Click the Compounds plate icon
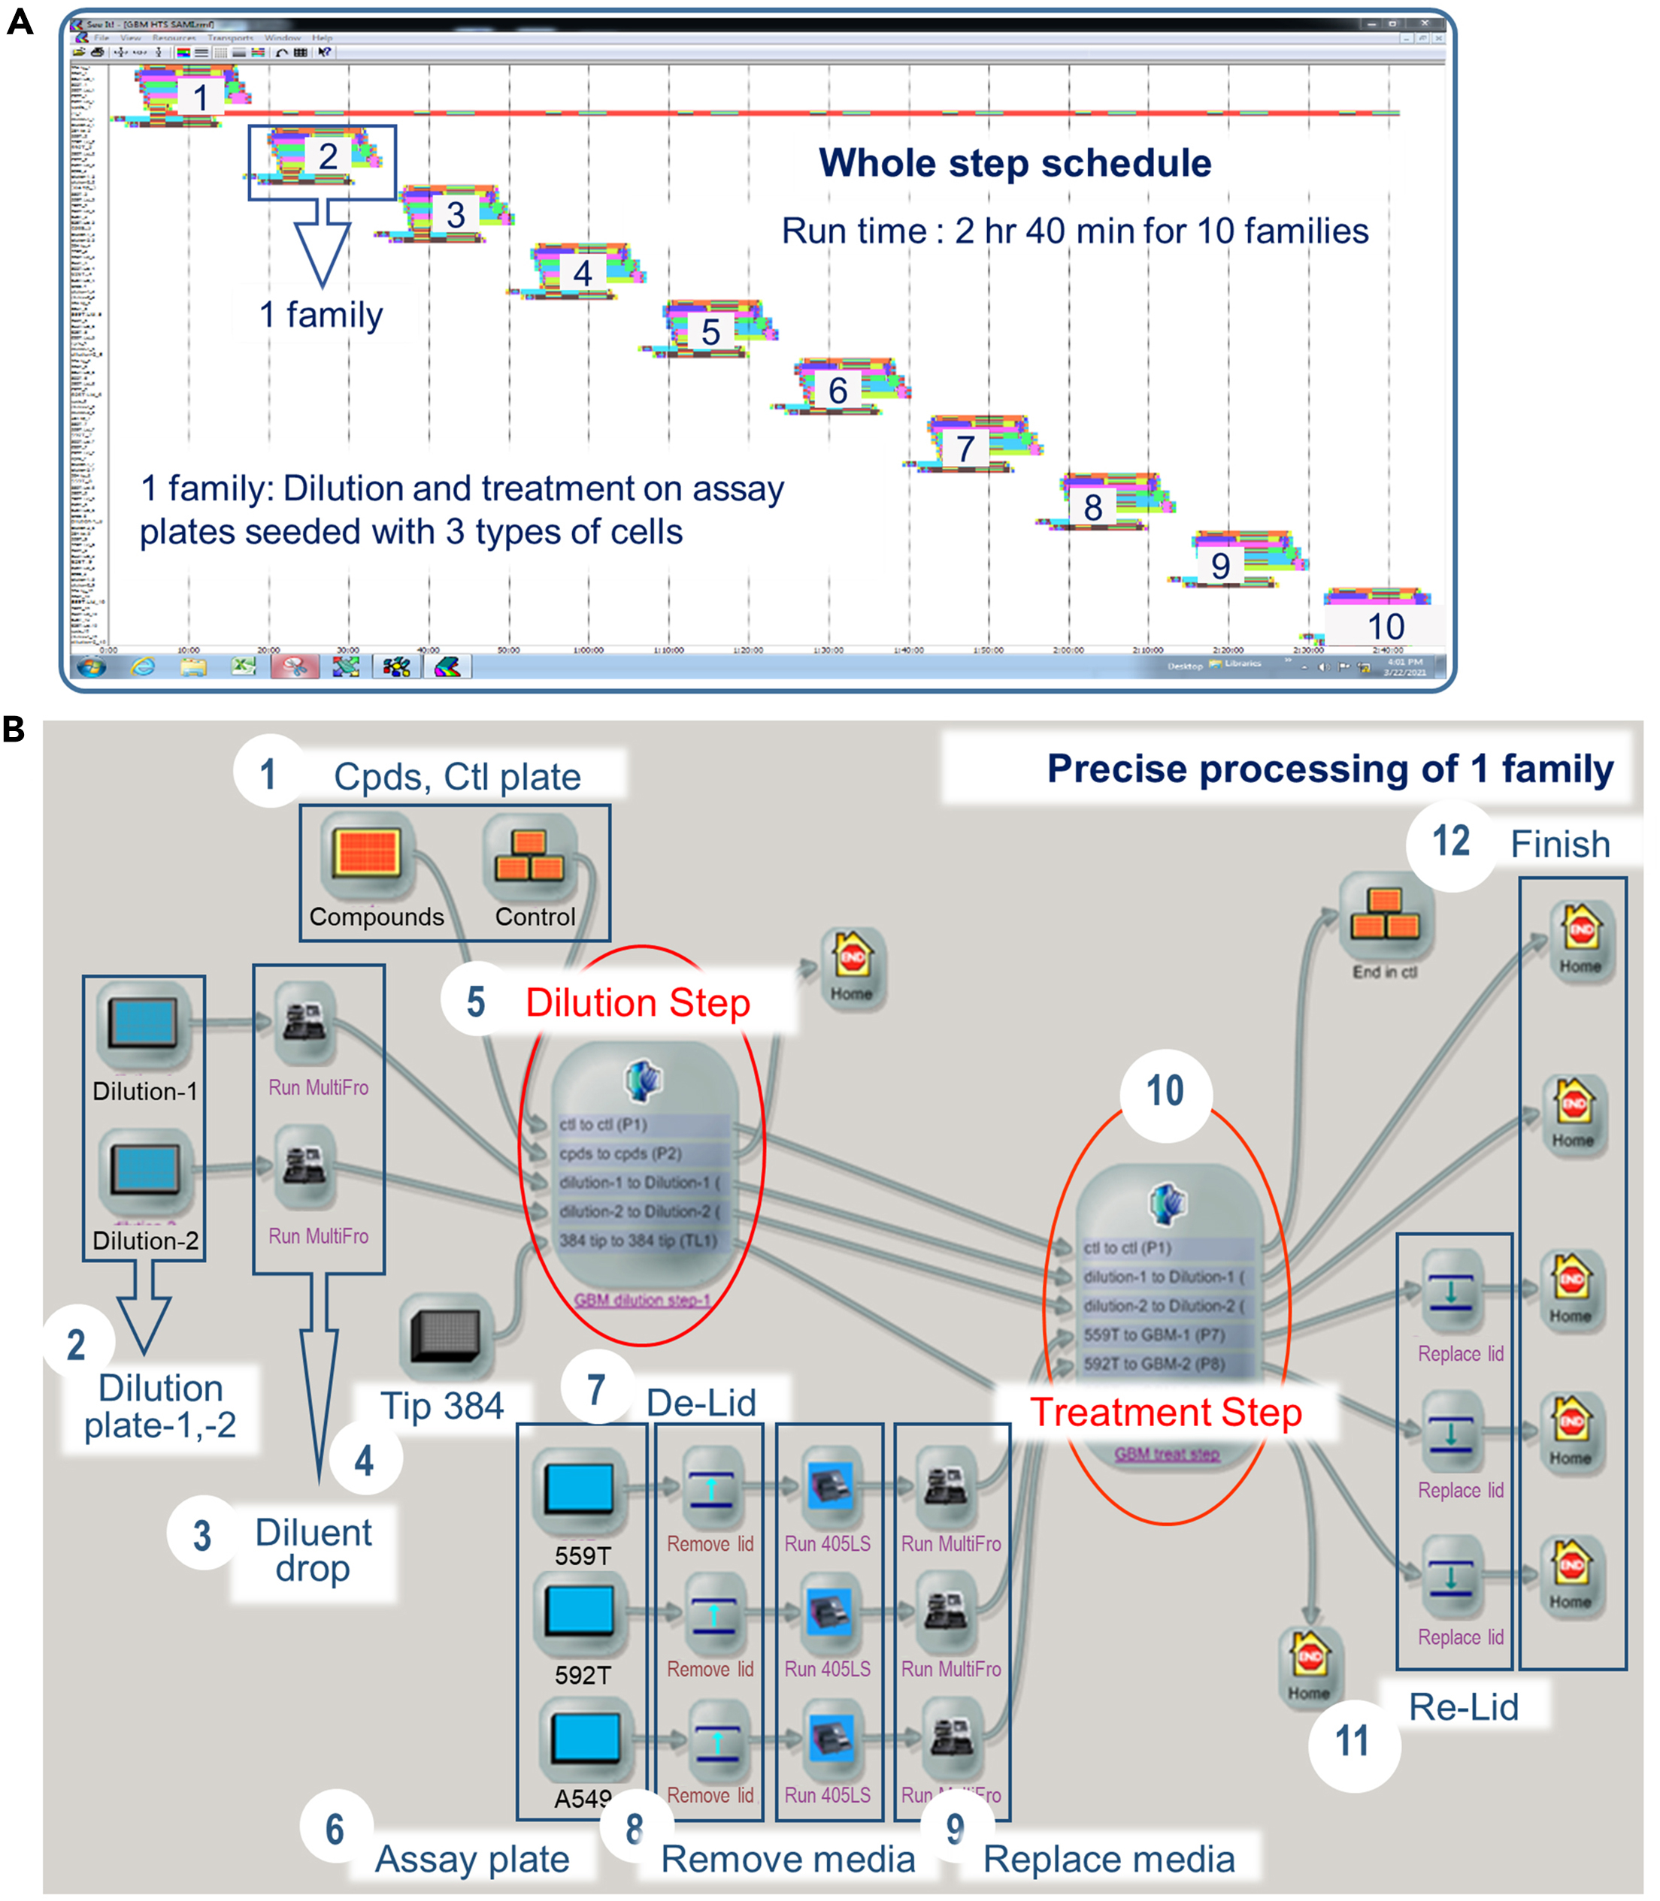pyautogui.click(x=368, y=851)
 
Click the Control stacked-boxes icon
pyautogui.click(x=529, y=854)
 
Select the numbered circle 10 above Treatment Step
pyautogui.click(x=1165, y=1092)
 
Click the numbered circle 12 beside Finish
pyautogui.click(x=1451, y=842)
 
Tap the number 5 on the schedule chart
pyautogui.click(x=710, y=331)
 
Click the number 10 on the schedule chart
pyautogui.click(x=1386, y=627)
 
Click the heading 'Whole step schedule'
pyautogui.click(x=1014, y=163)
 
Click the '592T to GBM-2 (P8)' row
pyautogui.click(x=1154, y=1363)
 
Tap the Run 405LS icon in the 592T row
pyautogui.click(x=830, y=1613)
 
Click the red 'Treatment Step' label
pyautogui.click(x=1165, y=1412)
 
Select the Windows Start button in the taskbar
pyautogui.click(x=91, y=666)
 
